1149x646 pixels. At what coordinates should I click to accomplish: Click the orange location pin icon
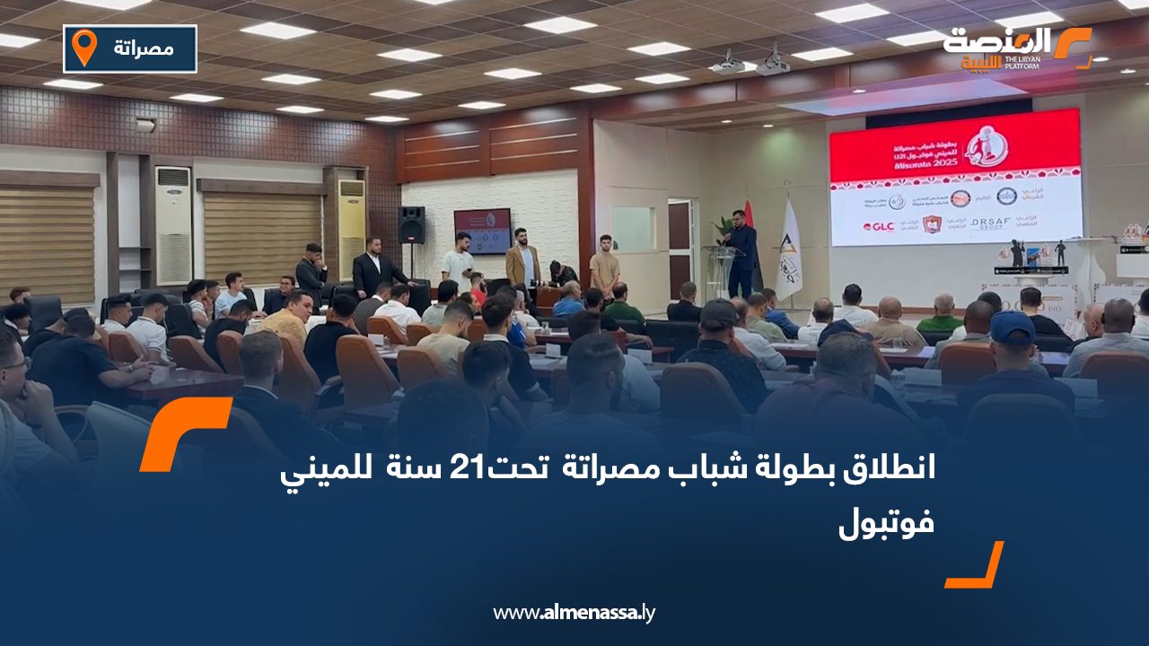[x=83, y=48]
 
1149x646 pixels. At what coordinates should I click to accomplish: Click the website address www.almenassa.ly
[x=574, y=613]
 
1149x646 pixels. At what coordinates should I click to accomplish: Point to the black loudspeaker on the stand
[x=412, y=225]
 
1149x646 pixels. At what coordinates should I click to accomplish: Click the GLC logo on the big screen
[x=878, y=227]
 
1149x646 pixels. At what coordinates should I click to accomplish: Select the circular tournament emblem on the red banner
[x=987, y=146]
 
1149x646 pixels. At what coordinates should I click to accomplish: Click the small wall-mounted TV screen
[x=482, y=231]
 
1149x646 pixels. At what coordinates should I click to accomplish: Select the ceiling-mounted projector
[x=773, y=63]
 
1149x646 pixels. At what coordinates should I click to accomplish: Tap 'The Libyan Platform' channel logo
[x=1014, y=48]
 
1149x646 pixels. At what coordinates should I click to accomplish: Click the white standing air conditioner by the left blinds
[x=173, y=224]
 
